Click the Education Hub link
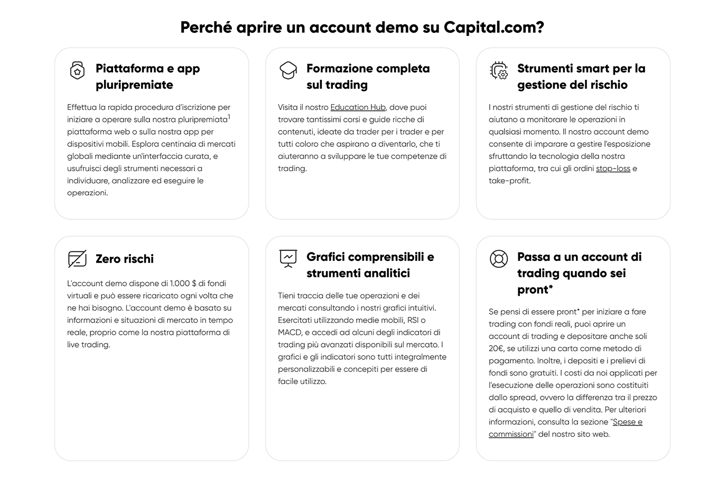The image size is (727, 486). tap(358, 107)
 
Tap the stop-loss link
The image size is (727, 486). tap(613, 169)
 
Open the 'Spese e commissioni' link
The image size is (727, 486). tap(565, 428)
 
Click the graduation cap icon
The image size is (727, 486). tap(288, 70)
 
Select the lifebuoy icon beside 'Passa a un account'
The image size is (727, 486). tap(498, 259)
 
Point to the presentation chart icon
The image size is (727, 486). tap(288, 258)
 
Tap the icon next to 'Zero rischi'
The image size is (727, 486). tap(77, 259)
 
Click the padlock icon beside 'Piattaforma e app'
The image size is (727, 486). tap(77, 70)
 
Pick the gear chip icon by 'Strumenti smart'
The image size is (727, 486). tap(499, 70)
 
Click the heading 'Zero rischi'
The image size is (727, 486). tap(125, 259)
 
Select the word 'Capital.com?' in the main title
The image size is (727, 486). tap(493, 27)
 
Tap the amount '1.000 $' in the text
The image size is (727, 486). tap(182, 284)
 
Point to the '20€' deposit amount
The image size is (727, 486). tap(496, 349)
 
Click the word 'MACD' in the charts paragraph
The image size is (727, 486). tap(290, 332)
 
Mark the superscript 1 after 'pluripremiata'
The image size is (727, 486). tap(229, 117)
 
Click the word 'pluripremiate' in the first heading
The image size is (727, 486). tap(134, 85)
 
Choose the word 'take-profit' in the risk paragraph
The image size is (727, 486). tap(509, 181)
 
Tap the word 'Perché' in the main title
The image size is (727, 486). tap(206, 27)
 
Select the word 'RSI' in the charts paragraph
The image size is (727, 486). tap(413, 320)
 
